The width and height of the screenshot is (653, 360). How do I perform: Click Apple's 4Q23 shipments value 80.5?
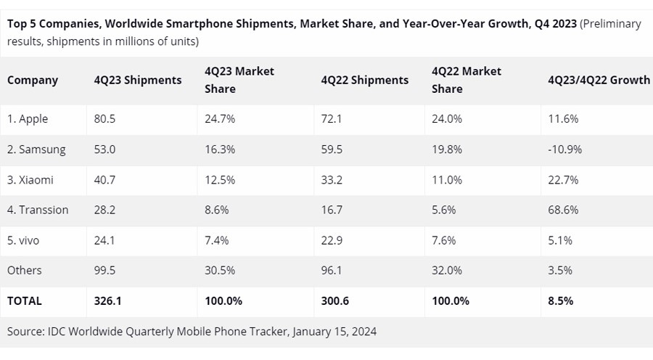click(106, 119)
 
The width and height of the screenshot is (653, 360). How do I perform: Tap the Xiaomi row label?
click(30, 179)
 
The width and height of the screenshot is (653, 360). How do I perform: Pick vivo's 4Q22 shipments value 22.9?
click(332, 240)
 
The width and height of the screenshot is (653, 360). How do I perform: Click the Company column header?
click(32, 80)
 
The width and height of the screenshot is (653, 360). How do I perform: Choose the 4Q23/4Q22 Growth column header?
click(599, 80)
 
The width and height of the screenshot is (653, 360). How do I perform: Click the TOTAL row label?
click(25, 300)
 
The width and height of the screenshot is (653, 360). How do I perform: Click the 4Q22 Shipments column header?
click(364, 80)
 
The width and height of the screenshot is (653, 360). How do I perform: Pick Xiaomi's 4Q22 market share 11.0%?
click(448, 179)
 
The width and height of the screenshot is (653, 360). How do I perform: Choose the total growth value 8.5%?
click(561, 300)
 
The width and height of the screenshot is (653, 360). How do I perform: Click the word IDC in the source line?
click(60, 331)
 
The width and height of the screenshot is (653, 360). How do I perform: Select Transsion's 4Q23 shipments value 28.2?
click(106, 210)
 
